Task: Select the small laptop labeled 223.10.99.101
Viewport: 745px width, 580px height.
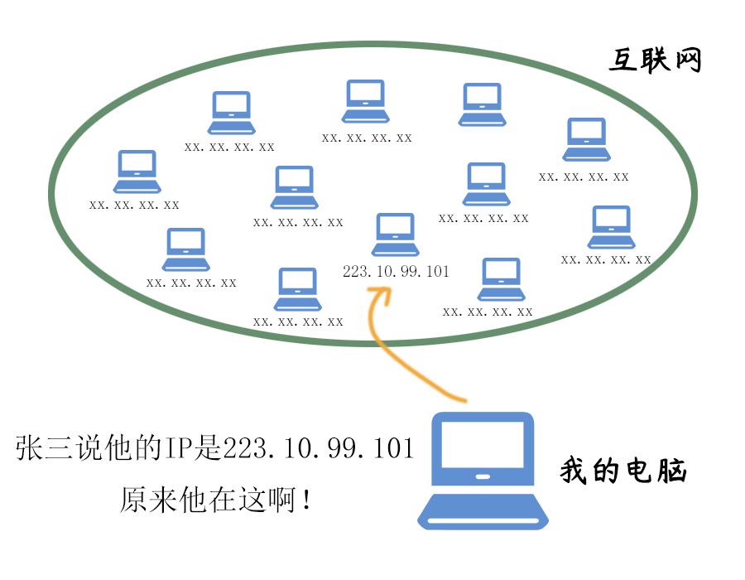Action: click(395, 234)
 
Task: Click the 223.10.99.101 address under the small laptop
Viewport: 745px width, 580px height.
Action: click(396, 271)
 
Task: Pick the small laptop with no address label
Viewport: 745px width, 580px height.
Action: click(482, 104)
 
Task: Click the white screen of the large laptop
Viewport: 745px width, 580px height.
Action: click(483, 443)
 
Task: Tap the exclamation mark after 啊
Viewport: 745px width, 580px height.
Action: click(308, 500)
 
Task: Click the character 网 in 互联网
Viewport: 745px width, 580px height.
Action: click(686, 60)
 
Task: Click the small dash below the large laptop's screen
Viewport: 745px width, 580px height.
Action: click(483, 476)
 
